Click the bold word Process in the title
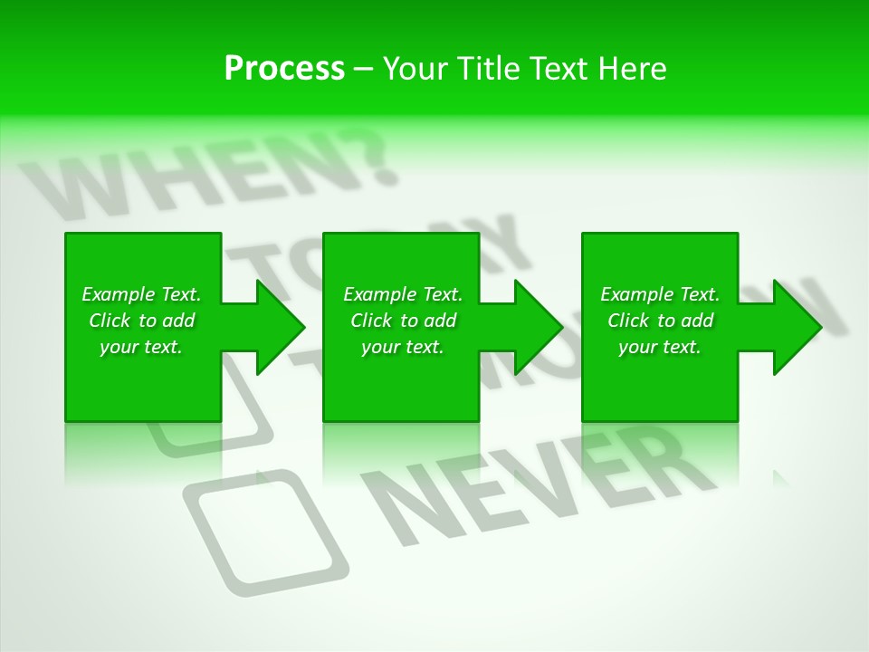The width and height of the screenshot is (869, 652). (284, 69)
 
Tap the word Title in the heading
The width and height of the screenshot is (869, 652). (488, 69)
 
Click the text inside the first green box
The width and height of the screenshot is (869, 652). (141, 321)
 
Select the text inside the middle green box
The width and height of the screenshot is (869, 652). (403, 321)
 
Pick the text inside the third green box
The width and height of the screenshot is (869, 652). (660, 321)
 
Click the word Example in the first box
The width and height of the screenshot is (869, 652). (118, 294)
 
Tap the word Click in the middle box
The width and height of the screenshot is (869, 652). (371, 321)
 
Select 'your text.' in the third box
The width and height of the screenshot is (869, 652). (660, 347)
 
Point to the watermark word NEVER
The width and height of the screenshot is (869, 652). (534, 489)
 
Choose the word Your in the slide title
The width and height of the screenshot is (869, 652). (415, 69)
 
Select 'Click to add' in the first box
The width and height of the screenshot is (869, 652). (141, 321)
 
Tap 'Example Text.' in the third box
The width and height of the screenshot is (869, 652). (660, 294)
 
